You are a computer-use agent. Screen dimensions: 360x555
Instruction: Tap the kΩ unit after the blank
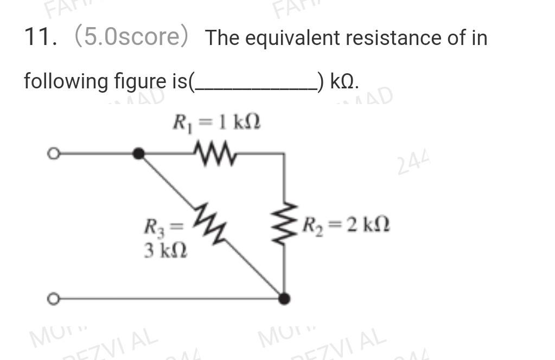coord(343,82)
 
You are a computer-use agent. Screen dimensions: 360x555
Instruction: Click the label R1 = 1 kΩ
coord(216,122)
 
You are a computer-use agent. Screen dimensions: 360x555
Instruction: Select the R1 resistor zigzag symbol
coord(215,153)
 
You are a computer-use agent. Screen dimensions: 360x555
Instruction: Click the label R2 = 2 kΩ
coord(346,223)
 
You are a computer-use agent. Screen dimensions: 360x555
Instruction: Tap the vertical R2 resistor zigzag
coord(283,224)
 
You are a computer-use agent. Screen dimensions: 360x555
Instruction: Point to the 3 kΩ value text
coord(165,251)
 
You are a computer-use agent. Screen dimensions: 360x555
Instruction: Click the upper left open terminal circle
coord(53,154)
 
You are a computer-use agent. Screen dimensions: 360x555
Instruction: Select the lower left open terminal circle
coord(53,299)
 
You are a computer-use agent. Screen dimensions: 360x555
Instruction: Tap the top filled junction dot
coord(139,154)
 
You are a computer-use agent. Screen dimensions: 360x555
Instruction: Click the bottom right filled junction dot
coord(284,299)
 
